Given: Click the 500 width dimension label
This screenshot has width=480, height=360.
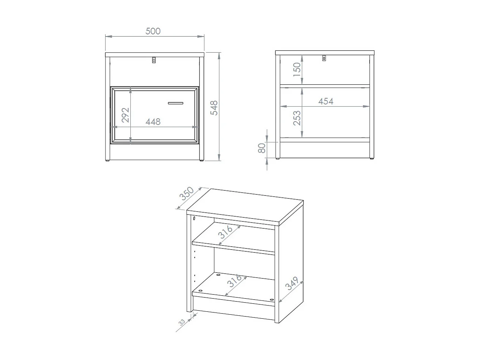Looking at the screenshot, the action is click(x=153, y=31).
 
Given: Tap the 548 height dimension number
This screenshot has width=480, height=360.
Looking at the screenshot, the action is click(x=214, y=108).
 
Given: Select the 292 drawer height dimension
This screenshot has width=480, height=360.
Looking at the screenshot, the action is click(x=126, y=115).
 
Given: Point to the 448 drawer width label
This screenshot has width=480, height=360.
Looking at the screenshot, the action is click(x=153, y=122).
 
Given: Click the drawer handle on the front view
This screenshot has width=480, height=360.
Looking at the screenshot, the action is click(x=175, y=103).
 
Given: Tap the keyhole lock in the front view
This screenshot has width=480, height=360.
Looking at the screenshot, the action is click(x=154, y=60).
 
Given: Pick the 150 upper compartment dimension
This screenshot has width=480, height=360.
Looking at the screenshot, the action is click(x=297, y=69).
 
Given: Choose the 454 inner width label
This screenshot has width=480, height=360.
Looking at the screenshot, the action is click(x=325, y=101).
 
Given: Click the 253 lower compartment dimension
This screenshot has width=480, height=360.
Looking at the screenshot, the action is click(x=297, y=118).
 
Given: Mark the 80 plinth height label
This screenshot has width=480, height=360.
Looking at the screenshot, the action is click(x=262, y=148).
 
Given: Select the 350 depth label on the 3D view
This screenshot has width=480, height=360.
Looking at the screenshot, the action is click(x=186, y=194).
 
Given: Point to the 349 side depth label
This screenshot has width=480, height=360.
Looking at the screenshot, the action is click(x=292, y=283).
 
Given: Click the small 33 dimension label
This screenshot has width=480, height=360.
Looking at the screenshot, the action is click(x=182, y=322).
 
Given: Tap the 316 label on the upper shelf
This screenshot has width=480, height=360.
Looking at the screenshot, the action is click(x=225, y=232).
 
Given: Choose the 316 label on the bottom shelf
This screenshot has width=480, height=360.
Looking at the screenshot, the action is click(x=234, y=281).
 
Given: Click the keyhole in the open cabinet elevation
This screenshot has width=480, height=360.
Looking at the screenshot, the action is click(x=324, y=58).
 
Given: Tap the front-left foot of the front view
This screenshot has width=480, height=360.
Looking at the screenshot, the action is click(x=107, y=160).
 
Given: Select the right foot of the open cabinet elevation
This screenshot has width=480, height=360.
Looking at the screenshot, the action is click(x=372, y=158).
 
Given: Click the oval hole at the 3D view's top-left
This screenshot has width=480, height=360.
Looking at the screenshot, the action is click(x=194, y=218).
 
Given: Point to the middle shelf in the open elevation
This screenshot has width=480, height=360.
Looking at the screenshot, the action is click(x=325, y=86).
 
